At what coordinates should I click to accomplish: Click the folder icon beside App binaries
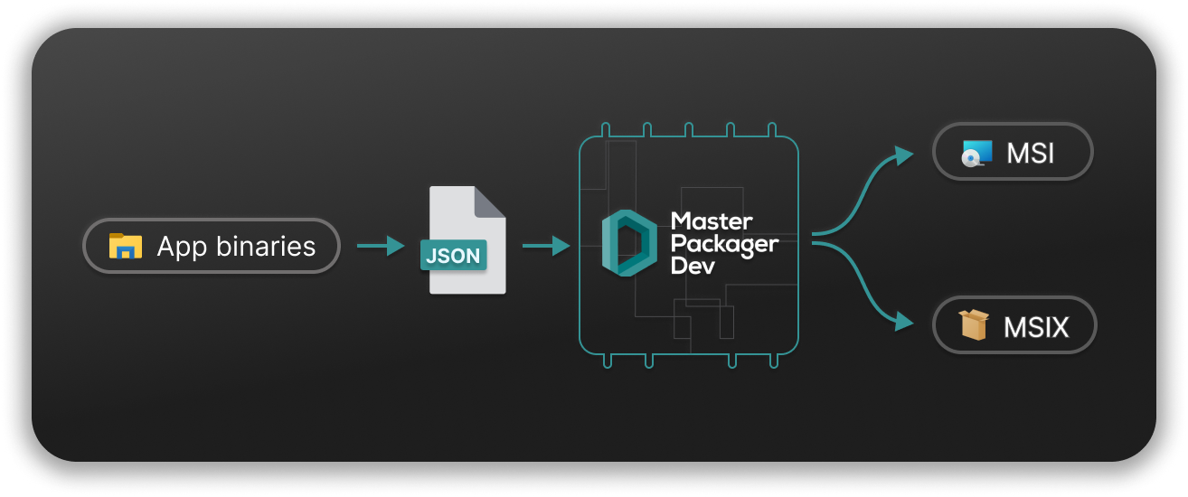126,246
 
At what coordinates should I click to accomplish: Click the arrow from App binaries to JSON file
380,245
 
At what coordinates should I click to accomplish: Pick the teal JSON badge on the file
453,255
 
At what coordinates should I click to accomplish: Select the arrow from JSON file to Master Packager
545,245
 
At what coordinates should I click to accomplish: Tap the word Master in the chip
712,221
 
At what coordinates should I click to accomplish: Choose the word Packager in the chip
724,244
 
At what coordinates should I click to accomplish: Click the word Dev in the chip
693,267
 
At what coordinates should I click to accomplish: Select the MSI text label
1031,154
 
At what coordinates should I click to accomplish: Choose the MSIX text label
1036,326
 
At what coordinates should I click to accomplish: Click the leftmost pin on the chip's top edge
605,129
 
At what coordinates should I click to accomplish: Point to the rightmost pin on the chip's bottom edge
774,361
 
